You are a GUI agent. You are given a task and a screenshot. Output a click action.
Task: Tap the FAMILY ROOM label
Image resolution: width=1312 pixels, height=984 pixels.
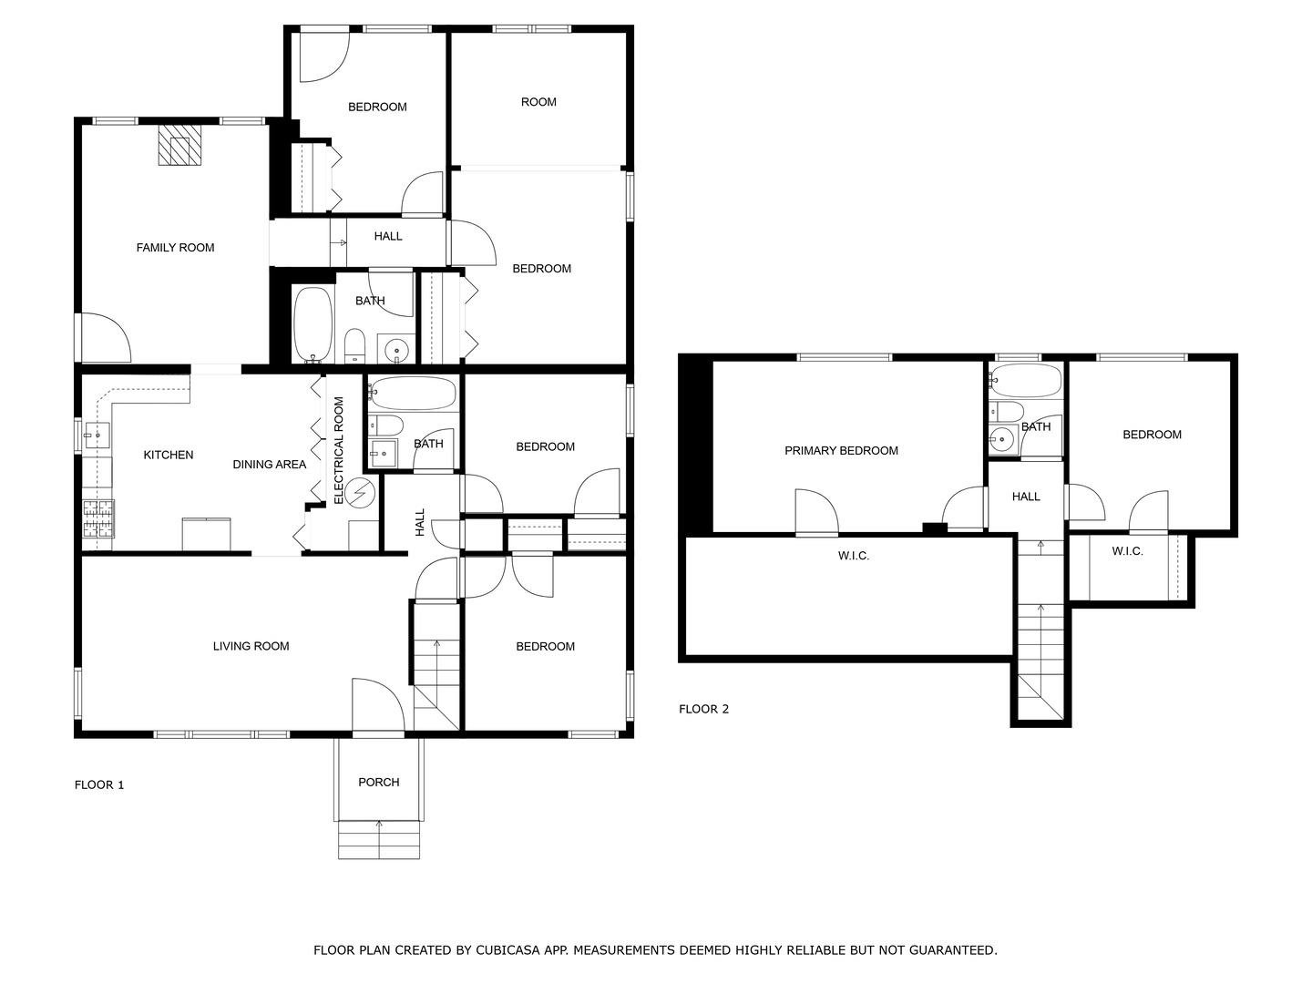click(x=175, y=248)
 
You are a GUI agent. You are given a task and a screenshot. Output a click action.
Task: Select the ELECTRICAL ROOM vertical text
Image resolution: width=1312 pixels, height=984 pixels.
click(x=339, y=450)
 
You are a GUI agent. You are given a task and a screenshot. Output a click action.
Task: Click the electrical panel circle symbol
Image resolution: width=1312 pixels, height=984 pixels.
click(x=361, y=493)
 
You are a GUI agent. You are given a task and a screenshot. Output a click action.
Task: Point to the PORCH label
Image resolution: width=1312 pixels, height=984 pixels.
click(x=378, y=782)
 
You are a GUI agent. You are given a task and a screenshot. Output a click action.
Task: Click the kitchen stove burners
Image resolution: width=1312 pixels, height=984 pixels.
click(x=98, y=519)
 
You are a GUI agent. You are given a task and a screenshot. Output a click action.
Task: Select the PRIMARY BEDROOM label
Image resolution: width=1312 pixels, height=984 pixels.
click(x=841, y=450)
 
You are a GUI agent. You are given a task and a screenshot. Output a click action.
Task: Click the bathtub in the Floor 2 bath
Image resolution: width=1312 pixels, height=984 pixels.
click(x=1026, y=380)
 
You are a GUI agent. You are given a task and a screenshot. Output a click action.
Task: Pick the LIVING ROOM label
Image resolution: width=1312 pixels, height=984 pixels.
click(x=251, y=646)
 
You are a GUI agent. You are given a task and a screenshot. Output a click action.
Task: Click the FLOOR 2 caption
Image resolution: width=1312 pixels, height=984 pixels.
click(x=703, y=709)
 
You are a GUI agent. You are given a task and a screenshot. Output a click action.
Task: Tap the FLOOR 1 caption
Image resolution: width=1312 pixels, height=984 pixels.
click(x=99, y=784)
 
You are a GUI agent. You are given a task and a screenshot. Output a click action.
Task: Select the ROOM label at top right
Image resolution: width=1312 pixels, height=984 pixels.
click(x=538, y=102)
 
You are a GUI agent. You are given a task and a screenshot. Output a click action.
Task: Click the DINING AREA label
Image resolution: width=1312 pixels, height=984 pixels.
click(x=269, y=465)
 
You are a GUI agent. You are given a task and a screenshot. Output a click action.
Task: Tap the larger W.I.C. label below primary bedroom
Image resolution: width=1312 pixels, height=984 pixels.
click(x=853, y=555)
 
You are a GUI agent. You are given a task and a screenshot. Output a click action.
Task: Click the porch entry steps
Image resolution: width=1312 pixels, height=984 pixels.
click(x=379, y=840)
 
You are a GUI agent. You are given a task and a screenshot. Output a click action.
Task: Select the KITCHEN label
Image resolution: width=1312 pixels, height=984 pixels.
click(x=169, y=455)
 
